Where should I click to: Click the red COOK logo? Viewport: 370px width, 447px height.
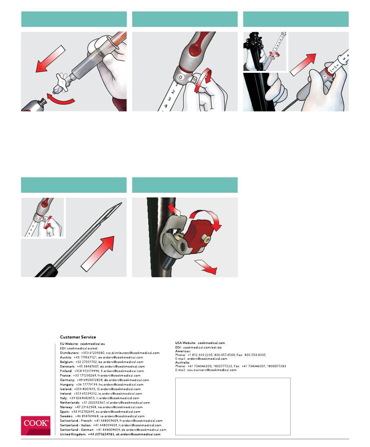point(35,425)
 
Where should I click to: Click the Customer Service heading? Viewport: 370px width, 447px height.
point(78,337)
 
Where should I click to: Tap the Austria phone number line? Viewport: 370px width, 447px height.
point(102,357)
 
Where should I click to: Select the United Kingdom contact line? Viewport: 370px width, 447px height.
point(110,434)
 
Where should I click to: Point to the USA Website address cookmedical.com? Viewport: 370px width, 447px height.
point(211,343)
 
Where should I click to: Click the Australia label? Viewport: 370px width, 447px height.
point(182,363)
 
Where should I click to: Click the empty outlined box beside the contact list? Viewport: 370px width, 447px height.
point(233,407)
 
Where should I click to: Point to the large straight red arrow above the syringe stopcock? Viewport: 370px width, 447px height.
point(51,58)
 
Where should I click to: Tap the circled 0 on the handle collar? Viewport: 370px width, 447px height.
point(180,77)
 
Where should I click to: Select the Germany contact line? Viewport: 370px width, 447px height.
point(104,380)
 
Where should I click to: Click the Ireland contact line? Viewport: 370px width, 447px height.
point(101,393)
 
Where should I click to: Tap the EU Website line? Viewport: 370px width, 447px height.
point(83,344)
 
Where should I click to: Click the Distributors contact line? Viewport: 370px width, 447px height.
point(110,353)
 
